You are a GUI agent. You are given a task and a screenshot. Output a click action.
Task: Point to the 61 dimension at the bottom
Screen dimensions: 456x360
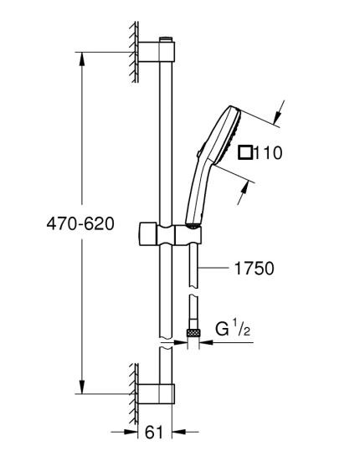(152, 433)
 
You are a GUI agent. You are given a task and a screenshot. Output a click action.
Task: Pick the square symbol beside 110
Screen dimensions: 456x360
(245, 151)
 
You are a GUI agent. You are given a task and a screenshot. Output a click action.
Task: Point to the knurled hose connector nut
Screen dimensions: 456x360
(193, 332)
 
